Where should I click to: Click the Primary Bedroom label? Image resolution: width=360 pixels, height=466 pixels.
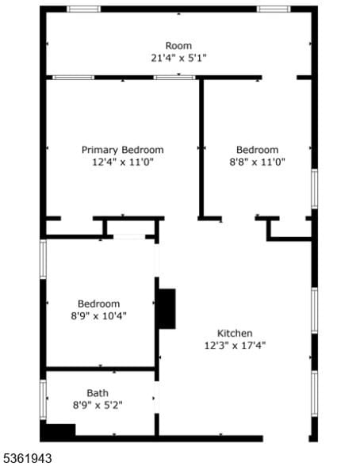click(123, 150)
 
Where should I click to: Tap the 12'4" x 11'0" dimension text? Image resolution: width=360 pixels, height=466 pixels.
click(123, 162)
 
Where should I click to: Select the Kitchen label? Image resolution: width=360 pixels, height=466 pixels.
click(235, 333)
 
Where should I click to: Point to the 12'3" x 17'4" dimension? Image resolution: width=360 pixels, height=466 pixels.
click(235, 345)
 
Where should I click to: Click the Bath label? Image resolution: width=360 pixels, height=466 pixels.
click(98, 392)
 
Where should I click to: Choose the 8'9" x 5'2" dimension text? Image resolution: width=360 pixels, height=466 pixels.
click(98, 404)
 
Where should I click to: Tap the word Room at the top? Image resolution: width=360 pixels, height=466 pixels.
click(178, 46)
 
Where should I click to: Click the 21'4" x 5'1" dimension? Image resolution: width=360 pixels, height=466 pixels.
click(178, 58)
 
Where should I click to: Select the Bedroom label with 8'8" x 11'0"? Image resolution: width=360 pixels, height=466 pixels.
click(258, 150)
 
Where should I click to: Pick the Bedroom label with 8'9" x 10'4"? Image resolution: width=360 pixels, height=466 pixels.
click(98, 304)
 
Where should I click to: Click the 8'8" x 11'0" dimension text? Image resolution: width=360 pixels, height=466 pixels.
click(258, 162)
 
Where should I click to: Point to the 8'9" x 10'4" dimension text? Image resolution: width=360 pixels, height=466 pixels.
click(98, 315)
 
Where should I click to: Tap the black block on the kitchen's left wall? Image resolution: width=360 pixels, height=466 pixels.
click(166, 308)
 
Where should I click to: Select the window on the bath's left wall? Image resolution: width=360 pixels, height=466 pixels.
click(44, 400)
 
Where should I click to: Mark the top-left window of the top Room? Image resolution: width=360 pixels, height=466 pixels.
click(82, 10)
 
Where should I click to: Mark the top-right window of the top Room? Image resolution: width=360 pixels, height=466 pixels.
click(274, 10)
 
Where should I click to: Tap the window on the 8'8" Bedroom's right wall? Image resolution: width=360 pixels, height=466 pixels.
click(313, 189)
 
